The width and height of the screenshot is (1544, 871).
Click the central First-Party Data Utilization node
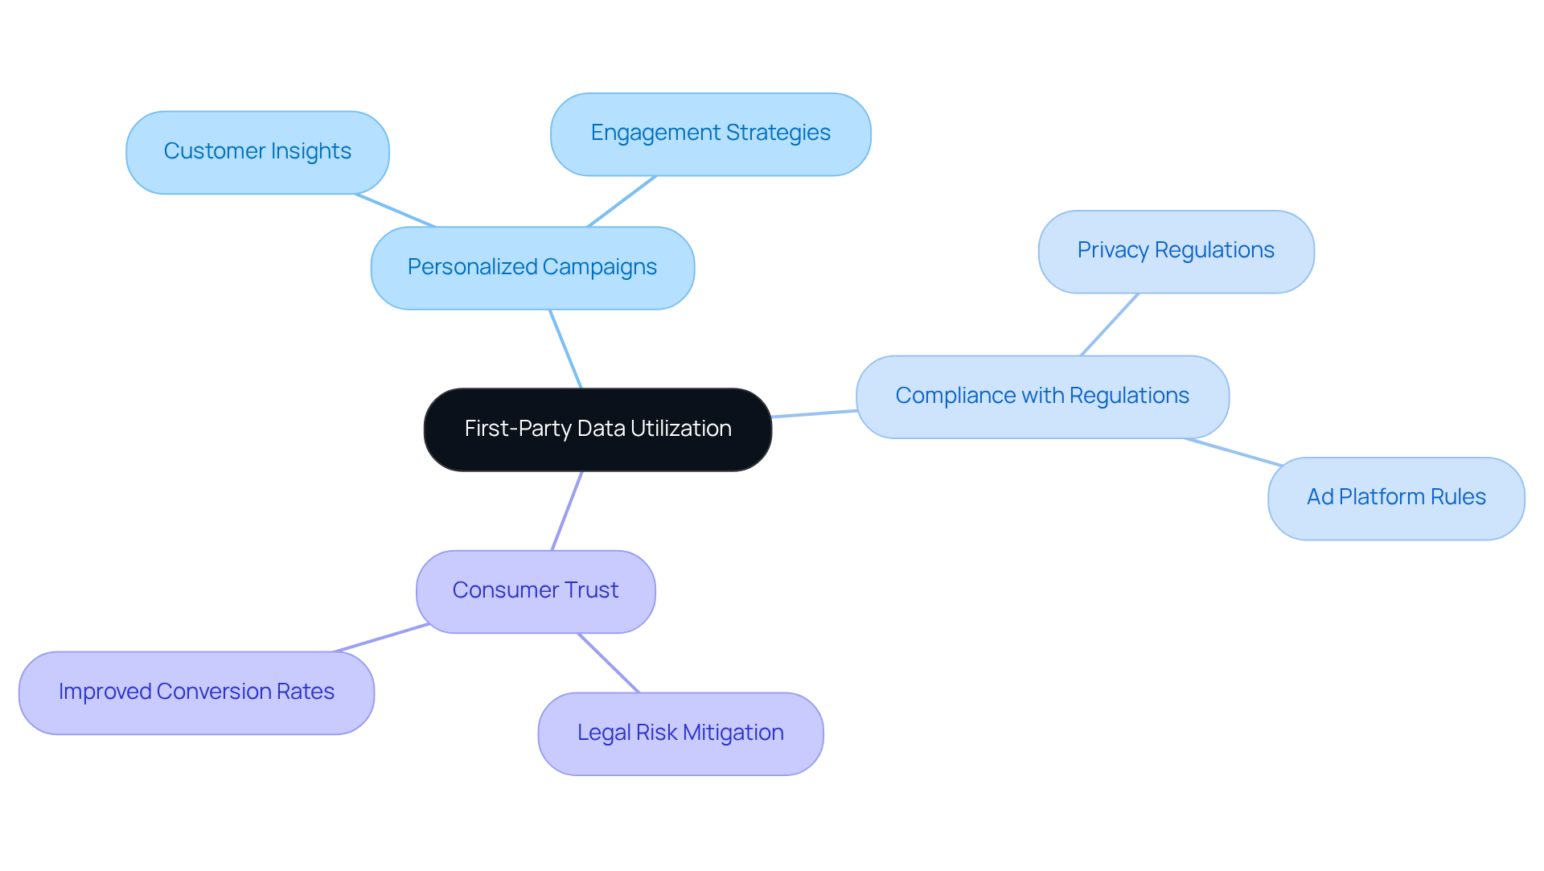597,429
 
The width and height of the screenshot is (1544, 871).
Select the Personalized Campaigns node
532,268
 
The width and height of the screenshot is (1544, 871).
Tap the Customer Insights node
257,152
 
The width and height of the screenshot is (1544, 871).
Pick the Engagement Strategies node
710,134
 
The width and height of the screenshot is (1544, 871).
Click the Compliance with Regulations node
1042,396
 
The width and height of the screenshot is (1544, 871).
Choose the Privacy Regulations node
1176,251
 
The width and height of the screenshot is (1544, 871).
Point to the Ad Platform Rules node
1396,498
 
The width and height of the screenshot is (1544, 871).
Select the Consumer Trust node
536,591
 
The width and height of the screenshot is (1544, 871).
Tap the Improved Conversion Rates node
196,692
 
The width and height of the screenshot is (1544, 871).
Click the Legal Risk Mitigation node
680,733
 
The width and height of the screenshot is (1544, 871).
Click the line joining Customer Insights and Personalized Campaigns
396,211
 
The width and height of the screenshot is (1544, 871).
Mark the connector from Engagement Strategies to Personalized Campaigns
622,201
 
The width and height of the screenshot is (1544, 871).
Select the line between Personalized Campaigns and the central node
565,349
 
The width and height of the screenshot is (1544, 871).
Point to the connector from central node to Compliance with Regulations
814,413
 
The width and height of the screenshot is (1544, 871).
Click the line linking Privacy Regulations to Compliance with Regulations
1110,324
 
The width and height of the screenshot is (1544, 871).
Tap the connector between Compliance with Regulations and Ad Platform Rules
1233,452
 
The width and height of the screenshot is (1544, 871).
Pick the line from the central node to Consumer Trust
567,511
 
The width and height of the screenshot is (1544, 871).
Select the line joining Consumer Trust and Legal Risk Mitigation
608,663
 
